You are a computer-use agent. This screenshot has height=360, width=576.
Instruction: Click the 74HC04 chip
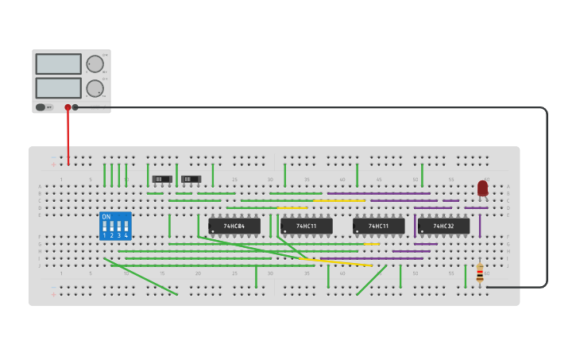pos(234,226)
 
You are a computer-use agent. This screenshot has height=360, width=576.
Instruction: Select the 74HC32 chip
pos(443,226)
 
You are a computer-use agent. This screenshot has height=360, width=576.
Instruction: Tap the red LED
pos(482,188)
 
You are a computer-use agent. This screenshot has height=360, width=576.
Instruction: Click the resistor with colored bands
pos(479,273)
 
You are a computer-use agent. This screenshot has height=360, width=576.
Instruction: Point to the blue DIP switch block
pos(115,226)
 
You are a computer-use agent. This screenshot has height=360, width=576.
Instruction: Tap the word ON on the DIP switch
pos(106,217)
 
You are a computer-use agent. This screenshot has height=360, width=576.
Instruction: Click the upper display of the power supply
pos(58,64)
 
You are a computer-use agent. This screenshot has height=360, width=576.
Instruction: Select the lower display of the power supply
pos(58,87)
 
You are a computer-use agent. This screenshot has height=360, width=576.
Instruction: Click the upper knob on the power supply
pos(95,64)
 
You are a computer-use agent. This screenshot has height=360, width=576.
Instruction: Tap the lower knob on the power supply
pos(95,88)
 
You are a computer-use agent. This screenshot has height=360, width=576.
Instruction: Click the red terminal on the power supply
pos(68,107)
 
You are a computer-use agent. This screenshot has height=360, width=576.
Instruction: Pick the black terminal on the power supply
pos(75,107)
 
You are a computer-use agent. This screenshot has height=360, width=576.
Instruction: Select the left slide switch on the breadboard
pos(162,180)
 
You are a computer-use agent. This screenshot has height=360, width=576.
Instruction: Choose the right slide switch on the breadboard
pos(191,180)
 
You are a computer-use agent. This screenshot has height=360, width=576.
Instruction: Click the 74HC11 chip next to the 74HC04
pos(306,226)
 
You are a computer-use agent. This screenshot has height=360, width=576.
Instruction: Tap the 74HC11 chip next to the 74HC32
pos(378,226)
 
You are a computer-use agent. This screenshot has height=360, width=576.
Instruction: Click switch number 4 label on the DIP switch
pos(126,236)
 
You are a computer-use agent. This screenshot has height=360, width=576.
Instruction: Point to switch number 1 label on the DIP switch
pos(104,236)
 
